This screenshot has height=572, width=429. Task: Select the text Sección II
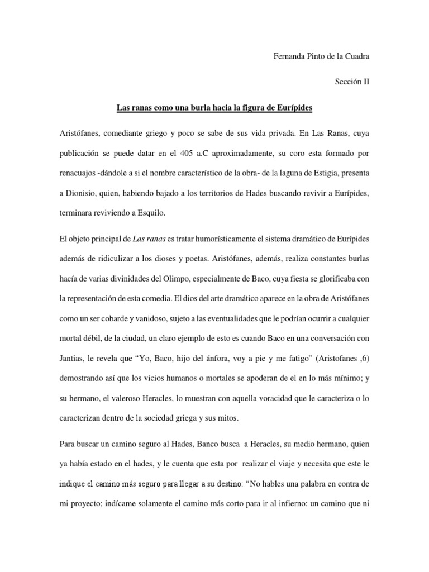(x=352, y=82)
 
